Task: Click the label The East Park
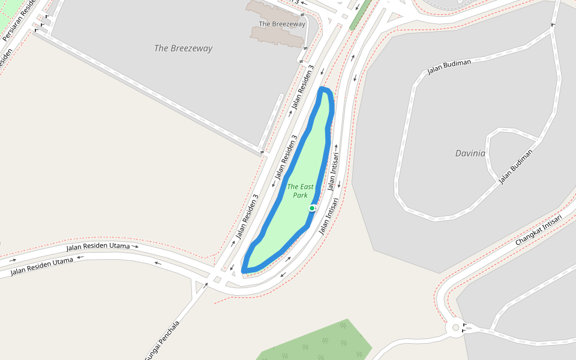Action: (x=300, y=191)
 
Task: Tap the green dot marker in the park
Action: (x=312, y=208)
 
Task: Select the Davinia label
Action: (x=470, y=153)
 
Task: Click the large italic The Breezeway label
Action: (x=183, y=48)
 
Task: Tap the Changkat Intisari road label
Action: (x=538, y=230)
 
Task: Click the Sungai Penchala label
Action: (x=161, y=341)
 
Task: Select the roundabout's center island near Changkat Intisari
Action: (x=455, y=328)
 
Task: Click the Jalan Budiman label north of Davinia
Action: (x=449, y=67)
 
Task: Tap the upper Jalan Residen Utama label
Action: (x=98, y=247)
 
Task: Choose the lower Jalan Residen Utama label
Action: (x=42, y=268)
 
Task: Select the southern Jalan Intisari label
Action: (x=329, y=216)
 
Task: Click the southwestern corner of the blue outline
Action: (x=244, y=271)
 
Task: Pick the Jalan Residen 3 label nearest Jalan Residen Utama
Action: (x=247, y=216)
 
